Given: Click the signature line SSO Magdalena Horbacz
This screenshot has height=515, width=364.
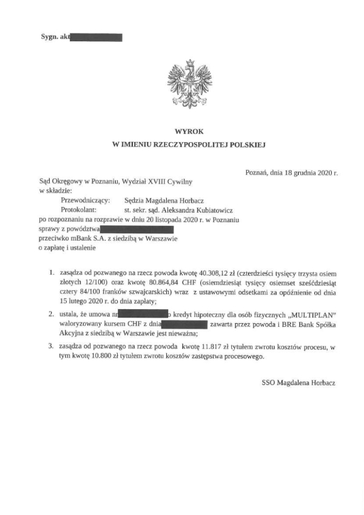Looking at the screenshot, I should click(298, 383).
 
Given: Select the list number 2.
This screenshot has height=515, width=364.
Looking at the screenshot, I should click(52, 315).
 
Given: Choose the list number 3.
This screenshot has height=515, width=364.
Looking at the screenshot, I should click(52, 347).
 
